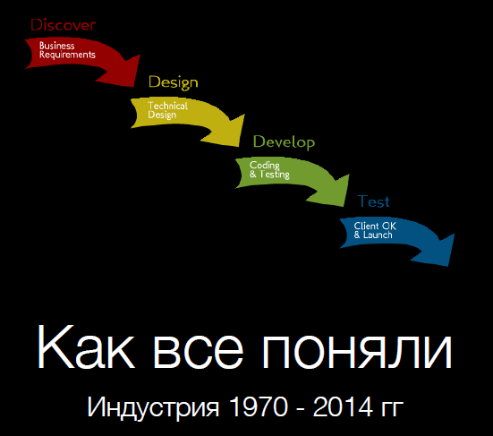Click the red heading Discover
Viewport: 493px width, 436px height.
[x=64, y=24]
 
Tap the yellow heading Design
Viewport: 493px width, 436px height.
[x=173, y=82]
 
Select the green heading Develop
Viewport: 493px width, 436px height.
[x=284, y=142]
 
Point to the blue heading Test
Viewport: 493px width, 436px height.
[x=373, y=201]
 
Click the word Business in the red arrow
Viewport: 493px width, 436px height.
[x=56, y=45]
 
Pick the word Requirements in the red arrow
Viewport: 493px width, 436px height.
[x=67, y=55]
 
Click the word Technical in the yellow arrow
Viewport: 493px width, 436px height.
[x=167, y=106]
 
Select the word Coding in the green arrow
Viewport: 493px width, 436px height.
[x=265, y=166]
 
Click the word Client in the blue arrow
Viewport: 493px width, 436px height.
[x=366, y=226]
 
